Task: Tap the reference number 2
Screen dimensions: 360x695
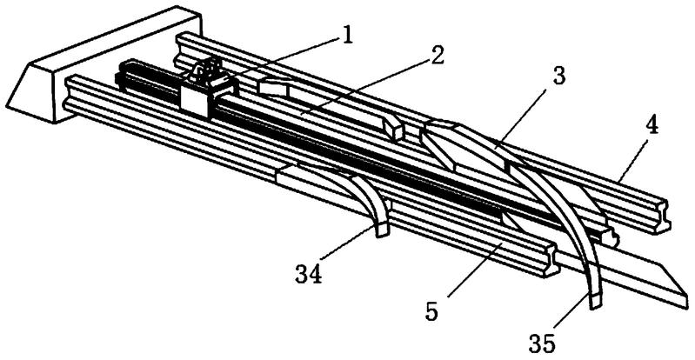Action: [x=436, y=57]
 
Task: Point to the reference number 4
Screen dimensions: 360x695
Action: [x=652, y=124]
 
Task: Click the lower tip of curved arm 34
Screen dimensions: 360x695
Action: [x=381, y=231]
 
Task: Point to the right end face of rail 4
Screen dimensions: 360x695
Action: [x=665, y=222]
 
